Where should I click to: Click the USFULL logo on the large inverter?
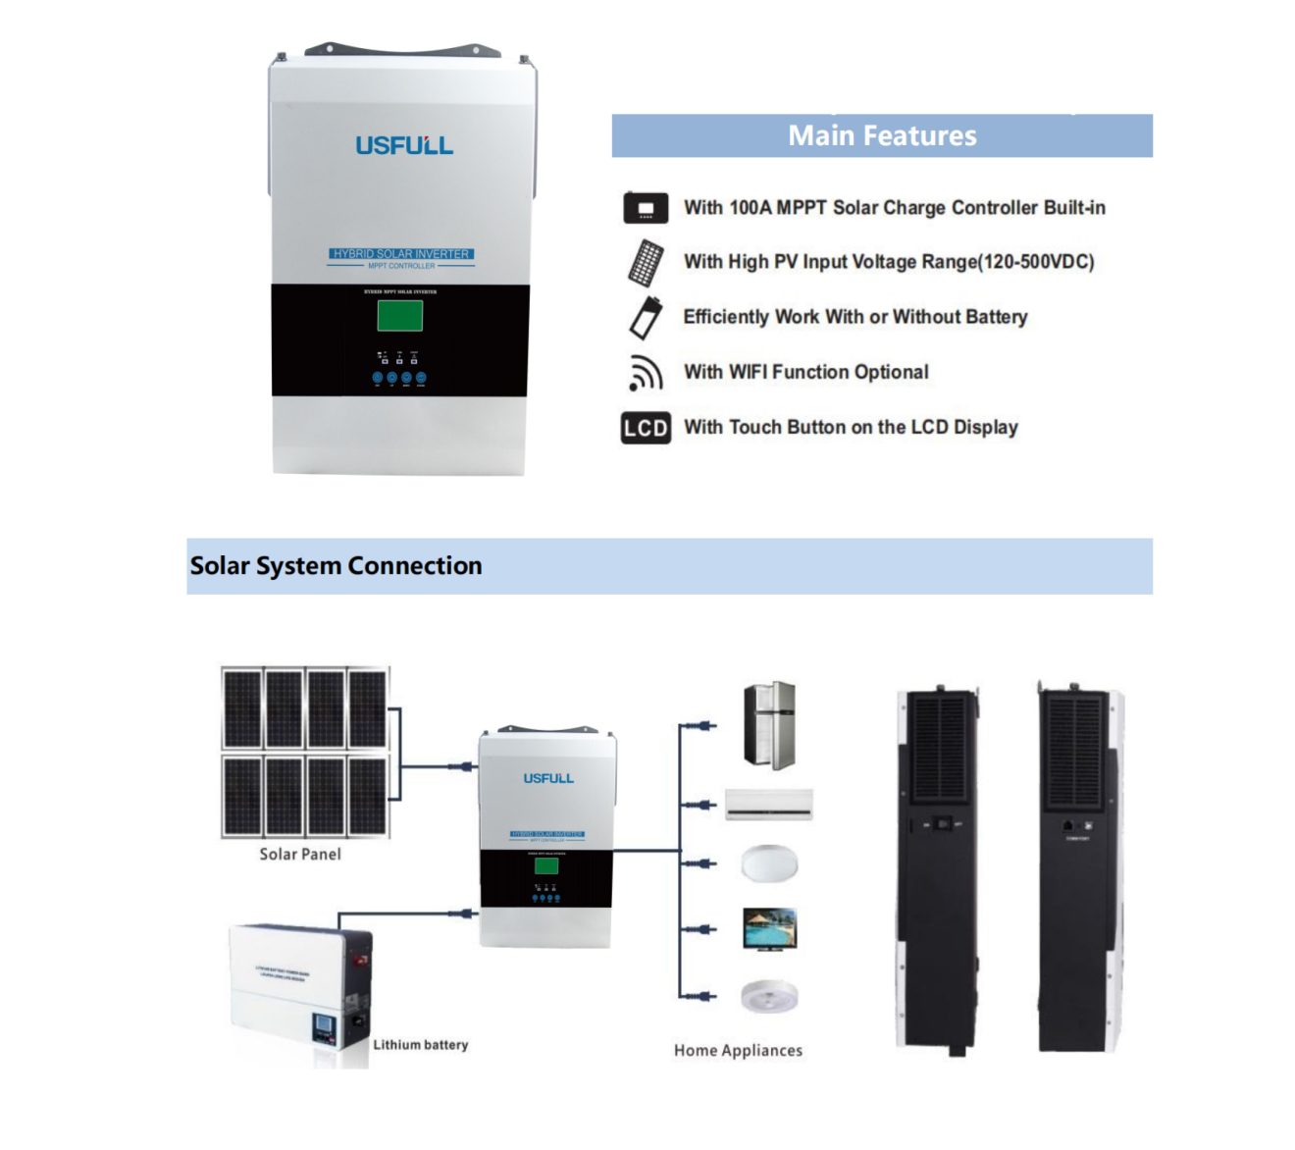pyautogui.click(x=403, y=145)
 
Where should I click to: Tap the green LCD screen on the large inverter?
pyautogui.click(x=400, y=315)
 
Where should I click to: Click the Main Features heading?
pyautogui.click(x=882, y=135)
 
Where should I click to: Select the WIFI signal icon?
pyautogui.click(x=645, y=372)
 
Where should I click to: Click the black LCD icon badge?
pyautogui.click(x=646, y=428)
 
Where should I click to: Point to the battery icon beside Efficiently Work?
pyautogui.click(x=645, y=317)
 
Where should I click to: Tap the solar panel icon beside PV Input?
pyautogui.click(x=646, y=262)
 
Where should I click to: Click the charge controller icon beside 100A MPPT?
pyautogui.click(x=646, y=208)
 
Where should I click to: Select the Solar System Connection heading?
pyautogui.click(x=336, y=566)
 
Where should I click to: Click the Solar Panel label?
pyautogui.click(x=300, y=854)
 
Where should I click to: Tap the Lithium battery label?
pyautogui.click(x=420, y=1045)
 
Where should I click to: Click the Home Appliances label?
pyautogui.click(x=738, y=1050)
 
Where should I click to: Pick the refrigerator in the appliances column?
pyautogui.click(x=769, y=726)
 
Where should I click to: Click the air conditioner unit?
pyautogui.click(x=769, y=803)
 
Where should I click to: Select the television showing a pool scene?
pyautogui.click(x=769, y=928)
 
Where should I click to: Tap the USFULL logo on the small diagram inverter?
pyautogui.click(x=547, y=778)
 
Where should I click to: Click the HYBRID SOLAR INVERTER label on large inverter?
pyautogui.click(x=401, y=253)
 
